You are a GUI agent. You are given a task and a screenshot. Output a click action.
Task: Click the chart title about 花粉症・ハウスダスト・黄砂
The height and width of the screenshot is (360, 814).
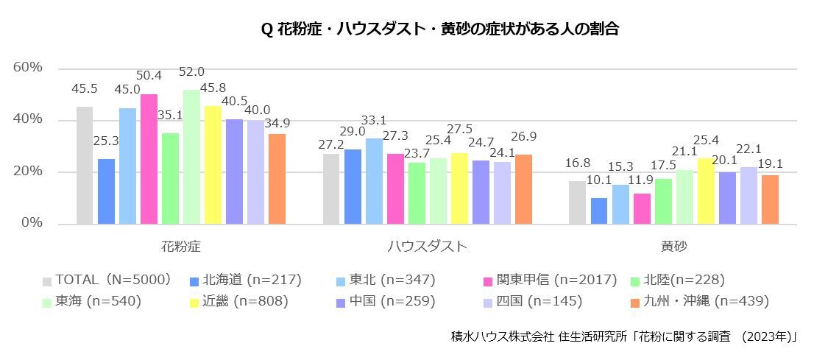click(439, 29)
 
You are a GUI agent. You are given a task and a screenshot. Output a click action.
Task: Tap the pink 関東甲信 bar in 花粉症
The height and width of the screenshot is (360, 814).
click(149, 159)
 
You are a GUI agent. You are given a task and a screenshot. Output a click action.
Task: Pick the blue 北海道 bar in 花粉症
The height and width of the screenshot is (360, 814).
click(106, 191)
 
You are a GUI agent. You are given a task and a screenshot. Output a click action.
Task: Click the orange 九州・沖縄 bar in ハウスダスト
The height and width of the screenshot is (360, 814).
click(523, 189)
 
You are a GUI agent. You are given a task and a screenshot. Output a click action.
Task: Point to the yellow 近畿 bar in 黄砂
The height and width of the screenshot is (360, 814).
click(706, 191)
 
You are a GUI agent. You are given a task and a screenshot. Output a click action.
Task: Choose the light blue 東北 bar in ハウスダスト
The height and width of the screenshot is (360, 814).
click(374, 181)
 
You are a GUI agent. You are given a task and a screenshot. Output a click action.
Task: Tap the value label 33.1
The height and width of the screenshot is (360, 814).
click(374, 120)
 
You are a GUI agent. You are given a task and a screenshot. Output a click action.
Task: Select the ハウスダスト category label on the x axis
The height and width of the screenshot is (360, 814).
click(427, 247)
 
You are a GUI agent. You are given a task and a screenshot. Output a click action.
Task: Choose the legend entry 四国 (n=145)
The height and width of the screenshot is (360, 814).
click(539, 301)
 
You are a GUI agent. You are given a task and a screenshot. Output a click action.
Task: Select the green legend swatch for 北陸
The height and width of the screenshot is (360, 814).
click(637, 280)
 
